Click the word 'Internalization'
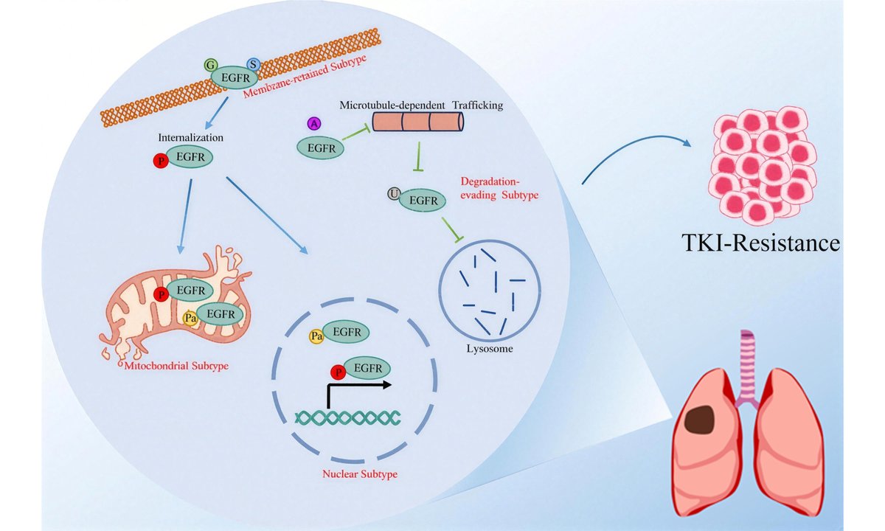click(x=190, y=137)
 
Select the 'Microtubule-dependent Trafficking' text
click(x=421, y=105)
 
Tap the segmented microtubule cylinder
click(x=417, y=122)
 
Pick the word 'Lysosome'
click(x=489, y=347)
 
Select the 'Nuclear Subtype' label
click(x=360, y=473)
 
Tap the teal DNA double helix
click(x=347, y=417)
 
